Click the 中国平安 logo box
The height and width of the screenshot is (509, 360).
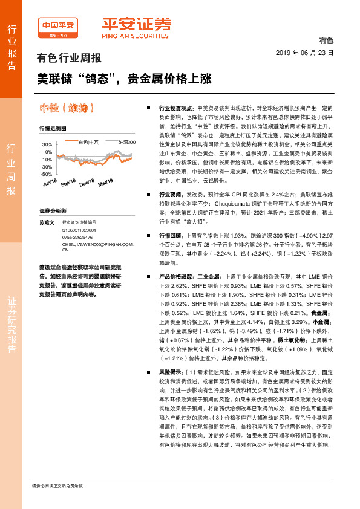(57, 27)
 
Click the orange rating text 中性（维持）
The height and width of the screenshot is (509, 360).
(65, 108)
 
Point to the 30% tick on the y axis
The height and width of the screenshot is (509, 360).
(47, 145)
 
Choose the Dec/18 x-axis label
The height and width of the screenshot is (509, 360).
(87, 183)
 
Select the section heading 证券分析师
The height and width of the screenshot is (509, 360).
(52, 210)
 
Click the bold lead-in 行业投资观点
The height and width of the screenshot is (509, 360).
(175, 106)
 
